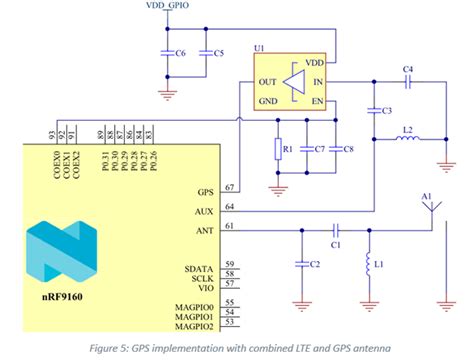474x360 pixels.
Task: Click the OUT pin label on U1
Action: coord(267,83)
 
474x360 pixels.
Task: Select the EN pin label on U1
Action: coord(318,103)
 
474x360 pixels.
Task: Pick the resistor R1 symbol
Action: coord(282,150)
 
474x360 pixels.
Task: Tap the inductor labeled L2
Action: coord(407,139)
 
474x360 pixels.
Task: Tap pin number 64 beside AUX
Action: coord(230,207)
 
